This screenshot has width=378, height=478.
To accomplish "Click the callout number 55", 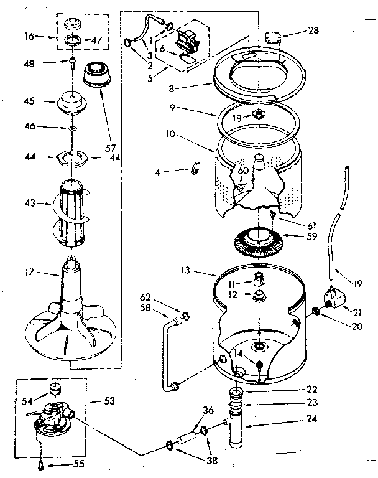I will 79,464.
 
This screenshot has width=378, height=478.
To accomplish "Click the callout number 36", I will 208,410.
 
